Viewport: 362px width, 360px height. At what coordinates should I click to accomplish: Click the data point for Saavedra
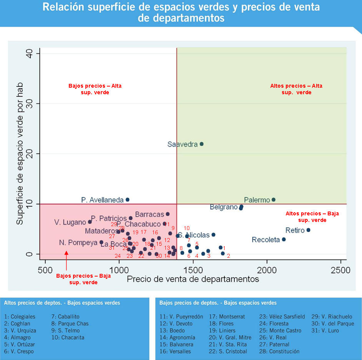click(201, 144)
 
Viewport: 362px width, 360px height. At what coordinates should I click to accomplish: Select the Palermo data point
click(274, 200)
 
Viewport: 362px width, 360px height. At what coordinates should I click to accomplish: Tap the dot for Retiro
click(308, 230)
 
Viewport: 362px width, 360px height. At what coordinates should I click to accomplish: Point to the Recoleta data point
click(284, 239)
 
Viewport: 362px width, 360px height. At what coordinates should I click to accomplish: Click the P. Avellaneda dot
click(128, 200)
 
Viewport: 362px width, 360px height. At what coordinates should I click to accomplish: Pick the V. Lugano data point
click(90, 222)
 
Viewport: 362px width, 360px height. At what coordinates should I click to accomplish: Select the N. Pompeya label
click(78, 243)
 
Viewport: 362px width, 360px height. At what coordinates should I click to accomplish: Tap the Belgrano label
click(224, 207)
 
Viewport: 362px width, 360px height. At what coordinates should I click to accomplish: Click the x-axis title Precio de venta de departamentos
click(193, 279)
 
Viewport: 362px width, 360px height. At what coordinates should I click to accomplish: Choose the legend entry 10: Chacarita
click(68, 337)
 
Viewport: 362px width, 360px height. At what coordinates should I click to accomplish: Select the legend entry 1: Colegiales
click(20, 317)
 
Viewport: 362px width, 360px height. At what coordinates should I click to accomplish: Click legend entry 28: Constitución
click(279, 351)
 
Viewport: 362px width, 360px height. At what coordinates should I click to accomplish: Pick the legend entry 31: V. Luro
click(324, 330)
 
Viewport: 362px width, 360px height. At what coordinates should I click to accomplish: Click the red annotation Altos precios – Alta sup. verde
click(296, 89)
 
